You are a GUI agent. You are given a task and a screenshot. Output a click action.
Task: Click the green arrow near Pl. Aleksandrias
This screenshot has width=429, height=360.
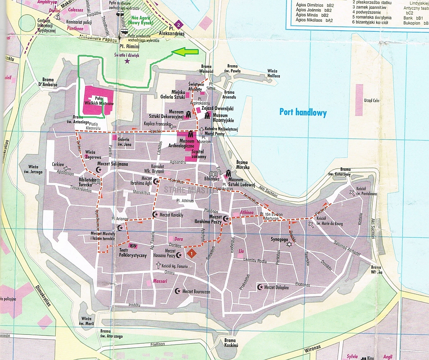pos(185,52)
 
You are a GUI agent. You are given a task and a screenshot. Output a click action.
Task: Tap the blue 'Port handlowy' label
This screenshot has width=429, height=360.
pos(304,112)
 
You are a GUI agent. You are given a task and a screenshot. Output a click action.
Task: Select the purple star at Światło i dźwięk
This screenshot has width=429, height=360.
pos(127,62)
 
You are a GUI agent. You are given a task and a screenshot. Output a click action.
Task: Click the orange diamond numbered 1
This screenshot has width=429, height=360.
pos(191,253)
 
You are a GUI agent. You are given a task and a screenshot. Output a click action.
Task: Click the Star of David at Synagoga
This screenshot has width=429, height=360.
pos(288,244)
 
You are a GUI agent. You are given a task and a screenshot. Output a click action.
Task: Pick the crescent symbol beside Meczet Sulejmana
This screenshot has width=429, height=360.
pos(99,170)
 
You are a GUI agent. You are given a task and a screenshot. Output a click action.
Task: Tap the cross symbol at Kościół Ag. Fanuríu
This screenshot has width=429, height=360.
pos(158,265)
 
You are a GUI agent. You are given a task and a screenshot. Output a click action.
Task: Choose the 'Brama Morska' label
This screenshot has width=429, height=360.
pos(243,165)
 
